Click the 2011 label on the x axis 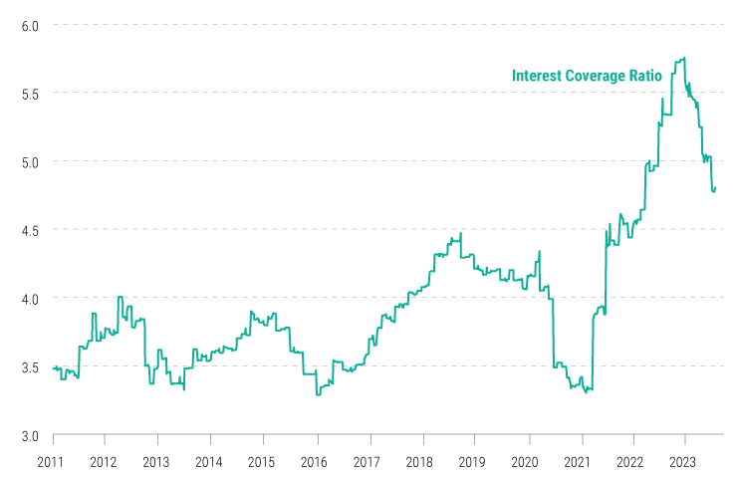click(52, 462)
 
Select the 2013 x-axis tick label click(156, 462)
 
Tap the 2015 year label click(262, 462)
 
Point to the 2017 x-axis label click(367, 462)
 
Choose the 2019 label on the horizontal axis click(472, 462)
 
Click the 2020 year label click(525, 462)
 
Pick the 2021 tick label click(578, 462)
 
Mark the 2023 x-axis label click(682, 462)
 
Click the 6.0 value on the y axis click(27, 25)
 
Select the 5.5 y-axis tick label click(27, 93)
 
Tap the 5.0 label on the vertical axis click(27, 161)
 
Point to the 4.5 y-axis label click(27, 230)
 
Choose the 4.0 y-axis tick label click(27, 299)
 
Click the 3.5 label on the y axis click(27, 367)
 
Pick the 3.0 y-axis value click(27, 435)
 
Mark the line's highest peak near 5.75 click(683, 58)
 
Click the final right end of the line click(716, 188)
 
